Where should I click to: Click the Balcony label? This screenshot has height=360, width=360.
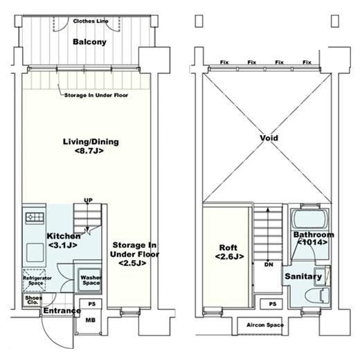[x=89, y=42]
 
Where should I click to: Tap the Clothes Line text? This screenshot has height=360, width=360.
[x=91, y=21]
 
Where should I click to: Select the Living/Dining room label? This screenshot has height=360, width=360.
[x=91, y=146]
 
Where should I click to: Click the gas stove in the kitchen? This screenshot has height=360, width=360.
[x=35, y=217]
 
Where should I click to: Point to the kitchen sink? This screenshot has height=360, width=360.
[x=35, y=252]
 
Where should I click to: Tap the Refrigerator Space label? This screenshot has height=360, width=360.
[x=37, y=280]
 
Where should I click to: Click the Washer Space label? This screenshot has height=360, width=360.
[x=91, y=280]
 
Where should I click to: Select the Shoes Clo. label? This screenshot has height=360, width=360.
[x=33, y=300]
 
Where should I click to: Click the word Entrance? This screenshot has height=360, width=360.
[x=62, y=311]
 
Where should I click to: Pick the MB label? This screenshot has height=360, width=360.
[x=90, y=320]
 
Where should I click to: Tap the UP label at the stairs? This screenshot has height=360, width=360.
[x=88, y=200]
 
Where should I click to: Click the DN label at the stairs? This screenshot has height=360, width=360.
[x=269, y=264]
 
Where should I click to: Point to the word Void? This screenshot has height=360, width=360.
[x=269, y=138]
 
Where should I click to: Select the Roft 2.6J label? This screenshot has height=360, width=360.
[x=229, y=252]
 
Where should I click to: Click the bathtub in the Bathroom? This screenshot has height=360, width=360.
[x=309, y=219]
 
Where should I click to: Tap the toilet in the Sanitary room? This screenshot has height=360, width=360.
[x=317, y=296]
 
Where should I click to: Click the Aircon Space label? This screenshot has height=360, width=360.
[x=265, y=325]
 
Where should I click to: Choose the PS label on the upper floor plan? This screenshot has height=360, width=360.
[x=273, y=304]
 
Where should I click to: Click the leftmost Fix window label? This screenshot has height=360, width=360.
[x=224, y=62]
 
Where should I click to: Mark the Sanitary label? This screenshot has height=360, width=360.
[x=303, y=276]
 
